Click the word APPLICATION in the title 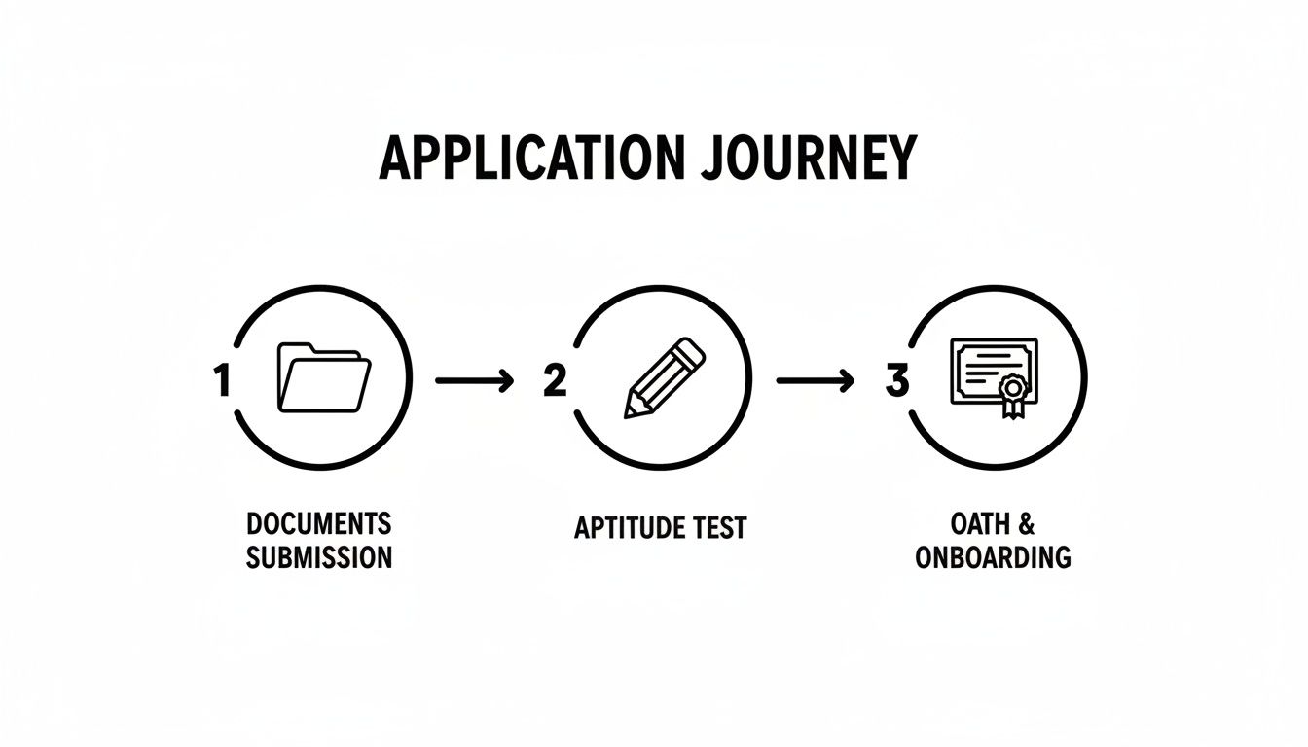[x=530, y=158]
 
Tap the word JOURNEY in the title [x=808, y=158]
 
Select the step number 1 [x=221, y=380]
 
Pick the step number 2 [x=554, y=380]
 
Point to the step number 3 [x=897, y=380]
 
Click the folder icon [x=324, y=377]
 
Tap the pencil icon [x=665, y=377]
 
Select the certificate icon [x=995, y=377]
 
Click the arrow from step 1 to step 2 [x=475, y=380]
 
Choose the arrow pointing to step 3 [x=816, y=380]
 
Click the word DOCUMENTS [x=319, y=523]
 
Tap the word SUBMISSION [x=319, y=557]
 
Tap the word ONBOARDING [x=993, y=557]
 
